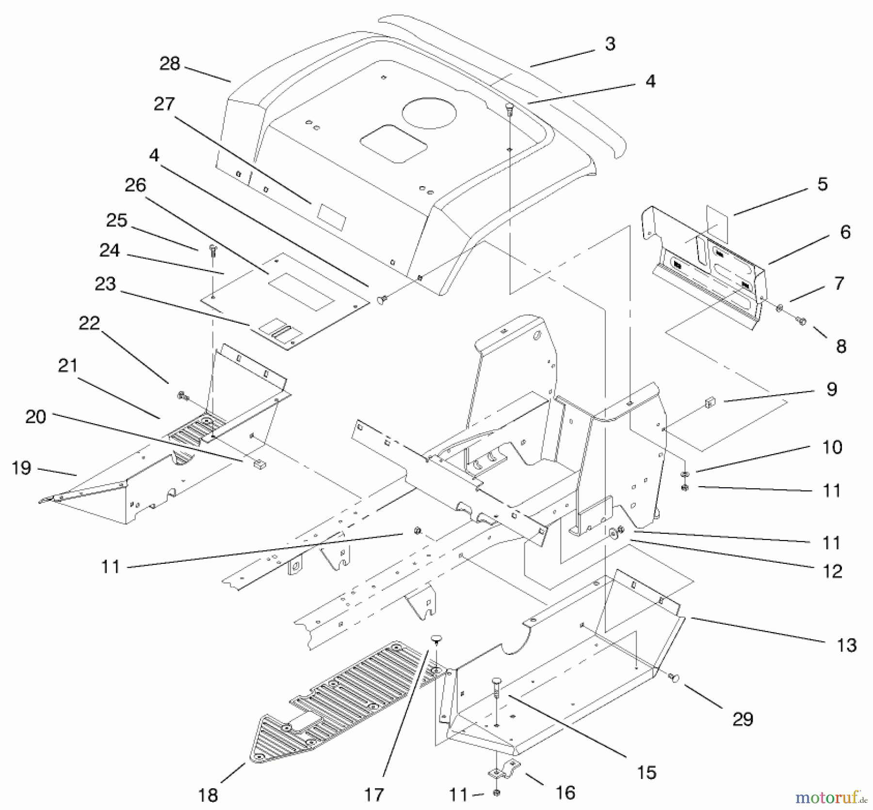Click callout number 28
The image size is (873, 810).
[170, 64]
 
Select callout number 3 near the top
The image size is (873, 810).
[610, 44]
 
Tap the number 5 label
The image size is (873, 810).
[823, 184]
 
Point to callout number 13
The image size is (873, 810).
[847, 645]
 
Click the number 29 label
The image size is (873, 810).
[743, 719]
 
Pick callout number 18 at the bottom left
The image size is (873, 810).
[208, 795]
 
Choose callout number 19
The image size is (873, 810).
[21, 468]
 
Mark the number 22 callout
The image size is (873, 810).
[89, 323]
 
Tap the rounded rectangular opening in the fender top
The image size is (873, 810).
[393, 143]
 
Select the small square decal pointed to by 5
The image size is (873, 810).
[717, 223]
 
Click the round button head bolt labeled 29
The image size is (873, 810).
[674, 678]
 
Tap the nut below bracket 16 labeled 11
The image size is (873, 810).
[497, 792]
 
